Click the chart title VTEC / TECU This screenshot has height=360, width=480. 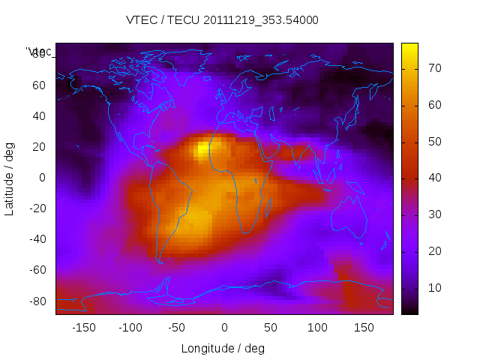pos(222,20)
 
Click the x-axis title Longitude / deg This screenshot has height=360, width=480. pos(223,348)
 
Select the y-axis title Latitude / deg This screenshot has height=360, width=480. pos(10,178)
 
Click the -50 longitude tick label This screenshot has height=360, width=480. pos(177,328)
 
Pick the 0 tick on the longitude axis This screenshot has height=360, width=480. pos(223,328)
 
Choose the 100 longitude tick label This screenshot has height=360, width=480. pos(317,328)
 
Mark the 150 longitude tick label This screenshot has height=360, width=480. pos(364,328)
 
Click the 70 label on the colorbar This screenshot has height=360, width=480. pos(433,68)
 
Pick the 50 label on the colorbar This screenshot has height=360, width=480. pos(433,142)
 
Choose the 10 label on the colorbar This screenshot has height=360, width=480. pos(433,288)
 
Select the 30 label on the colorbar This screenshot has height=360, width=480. pos(433,214)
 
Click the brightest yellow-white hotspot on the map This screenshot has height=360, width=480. pos(202,151)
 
